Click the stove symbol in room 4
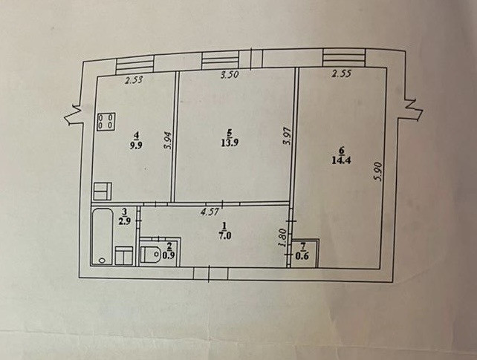[x=104, y=121]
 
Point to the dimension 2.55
[x=341, y=73]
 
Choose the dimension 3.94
[x=167, y=140]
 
